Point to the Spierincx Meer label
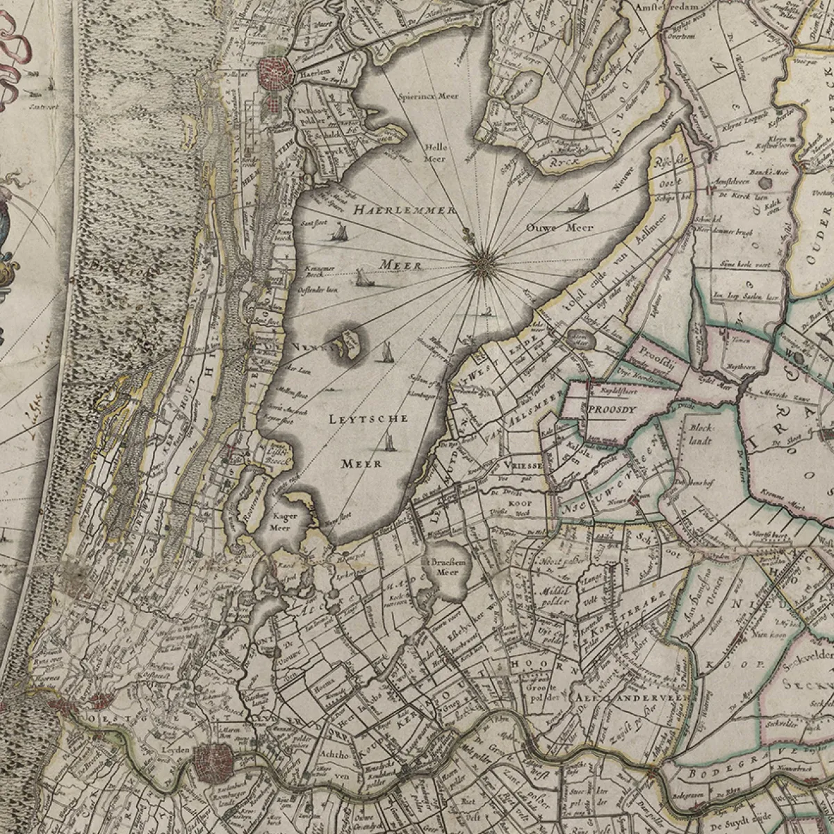click(x=429, y=97)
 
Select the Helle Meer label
click(x=435, y=154)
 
